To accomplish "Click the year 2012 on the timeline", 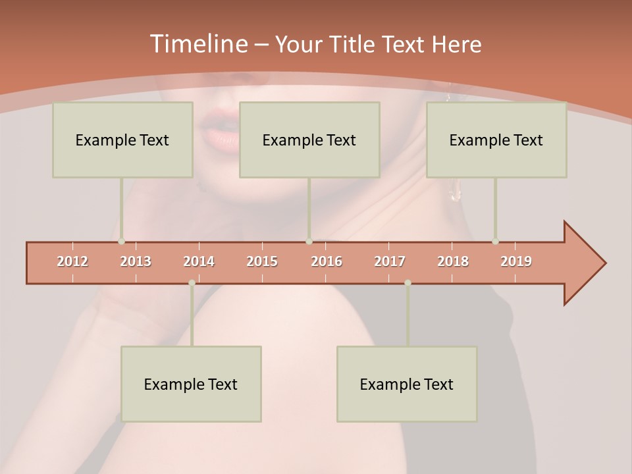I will pyautogui.click(x=72, y=261).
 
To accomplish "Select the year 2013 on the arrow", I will pyautogui.click(x=136, y=261).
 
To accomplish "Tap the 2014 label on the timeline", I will pyautogui.click(x=199, y=261).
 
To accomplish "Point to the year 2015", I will pyautogui.click(x=262, y=261).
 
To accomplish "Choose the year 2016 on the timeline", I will pyautogui.click(x=327, y=261).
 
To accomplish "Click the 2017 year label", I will pyautogui.click(x=390, y=261).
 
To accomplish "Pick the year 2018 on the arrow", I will pyautogui.click(x=453, y=261).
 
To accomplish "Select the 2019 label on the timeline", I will pyautogui.click(x=516, y=261).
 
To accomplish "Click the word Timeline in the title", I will pyautogui.click(x=197, y=44).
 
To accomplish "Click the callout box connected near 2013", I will pyautogui.click(x=122, y=140).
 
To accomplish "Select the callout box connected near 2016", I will pyautogui.click(x=309, y=140).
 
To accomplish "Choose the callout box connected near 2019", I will pyautogui.click(x=496, y=140).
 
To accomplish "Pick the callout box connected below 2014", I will pyautogui.click(x=191, y=384).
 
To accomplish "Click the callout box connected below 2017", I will pyautogui.click(x=407, y=384).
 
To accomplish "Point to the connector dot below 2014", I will pyautogui.click(x=192, y=282).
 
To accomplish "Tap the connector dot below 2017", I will pyautogui.click(x=408, y=282).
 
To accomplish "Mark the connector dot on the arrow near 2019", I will pyautogui.click(x=495, y=242).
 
